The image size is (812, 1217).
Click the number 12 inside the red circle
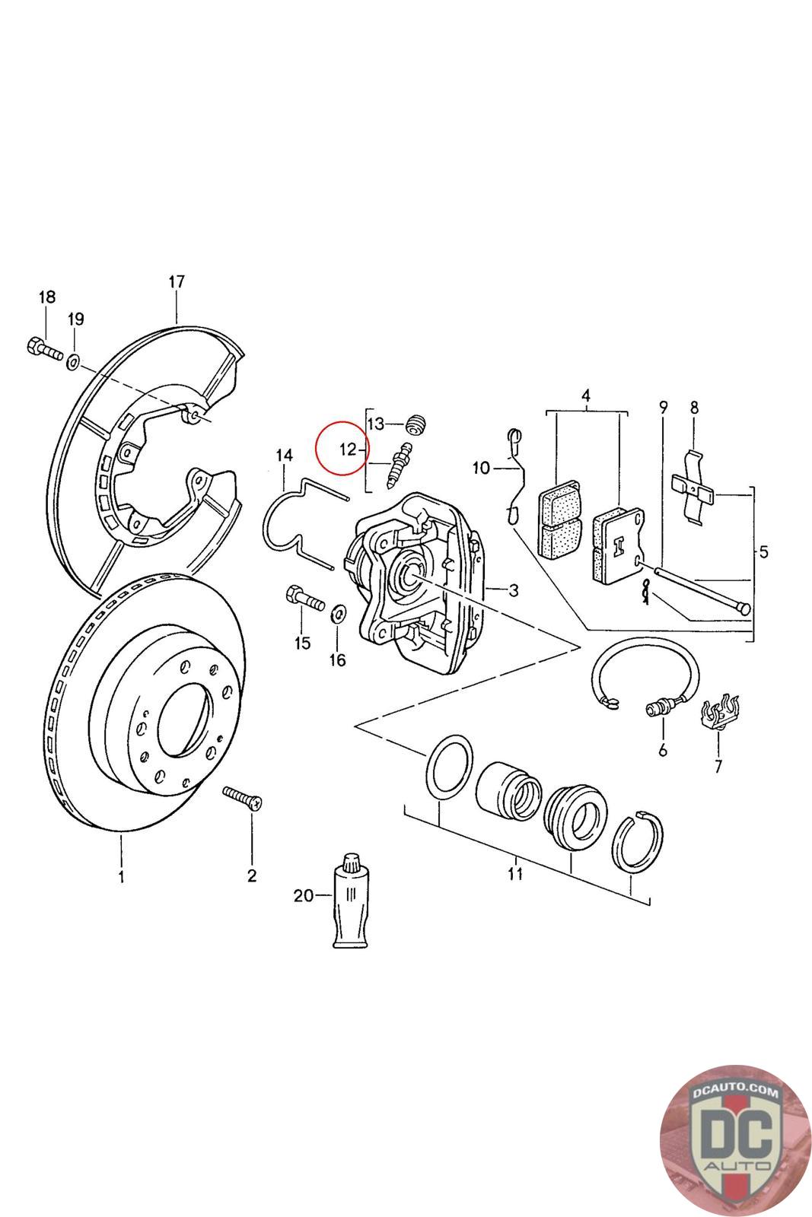347,450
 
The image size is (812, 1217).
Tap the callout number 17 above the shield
177,281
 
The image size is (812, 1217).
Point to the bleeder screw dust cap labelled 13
417,424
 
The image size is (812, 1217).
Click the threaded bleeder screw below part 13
399,465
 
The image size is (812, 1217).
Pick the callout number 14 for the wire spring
284,455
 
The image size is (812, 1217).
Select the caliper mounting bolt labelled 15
305,598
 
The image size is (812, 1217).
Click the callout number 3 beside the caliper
514,589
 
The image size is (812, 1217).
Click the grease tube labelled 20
351,901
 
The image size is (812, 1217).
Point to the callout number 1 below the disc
121,875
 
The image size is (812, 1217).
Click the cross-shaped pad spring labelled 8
693,488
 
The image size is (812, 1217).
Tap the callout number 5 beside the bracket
763,552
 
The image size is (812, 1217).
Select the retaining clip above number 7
718,712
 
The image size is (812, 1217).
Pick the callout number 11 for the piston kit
514,873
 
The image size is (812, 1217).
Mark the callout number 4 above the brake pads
585,396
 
